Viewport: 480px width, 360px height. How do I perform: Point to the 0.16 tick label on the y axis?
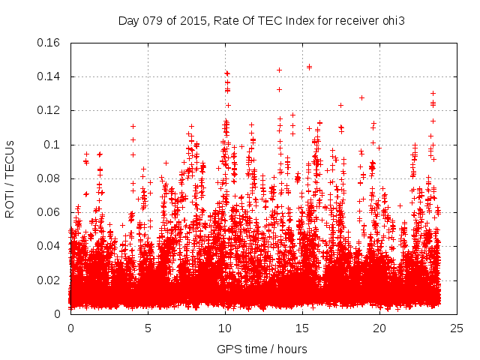(49, 43)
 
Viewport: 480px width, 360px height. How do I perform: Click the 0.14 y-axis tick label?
(49, 76)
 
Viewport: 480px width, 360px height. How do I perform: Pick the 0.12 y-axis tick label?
(49, 110)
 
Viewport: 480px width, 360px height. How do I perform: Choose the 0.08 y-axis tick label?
(49, 178)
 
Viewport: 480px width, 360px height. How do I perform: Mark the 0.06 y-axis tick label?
(49, 212)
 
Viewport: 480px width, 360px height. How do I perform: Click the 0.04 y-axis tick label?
(49, 246)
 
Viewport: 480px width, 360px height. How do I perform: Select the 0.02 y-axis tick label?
(49, 280)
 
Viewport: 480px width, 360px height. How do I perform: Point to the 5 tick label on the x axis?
(148, 328)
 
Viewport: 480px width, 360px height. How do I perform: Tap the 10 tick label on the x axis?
(225, 328)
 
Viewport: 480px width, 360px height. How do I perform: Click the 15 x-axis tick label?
(302, 328)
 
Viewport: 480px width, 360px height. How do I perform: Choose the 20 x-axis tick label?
(379, 328)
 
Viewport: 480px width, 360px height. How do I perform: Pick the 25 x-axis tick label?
(457, 328)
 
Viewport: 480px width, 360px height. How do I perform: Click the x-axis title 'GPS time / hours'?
(262, 349)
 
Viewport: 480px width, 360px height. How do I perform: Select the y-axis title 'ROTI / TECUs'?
(10, 178)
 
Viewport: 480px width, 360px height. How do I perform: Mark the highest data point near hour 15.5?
(309, 67)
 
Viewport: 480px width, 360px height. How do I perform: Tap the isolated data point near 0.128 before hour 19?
(361, 97)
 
